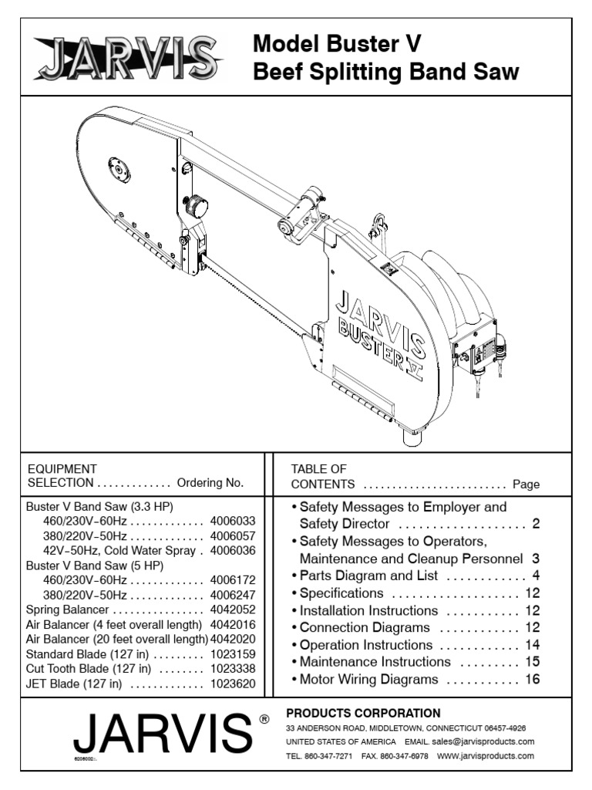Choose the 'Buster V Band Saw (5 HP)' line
[99, 565]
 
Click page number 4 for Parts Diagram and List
[536, 576]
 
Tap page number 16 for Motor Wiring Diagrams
[532, 680]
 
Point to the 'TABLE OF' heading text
[318, 468]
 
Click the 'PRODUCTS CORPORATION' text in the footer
[363, 713]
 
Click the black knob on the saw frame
[195, 206]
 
